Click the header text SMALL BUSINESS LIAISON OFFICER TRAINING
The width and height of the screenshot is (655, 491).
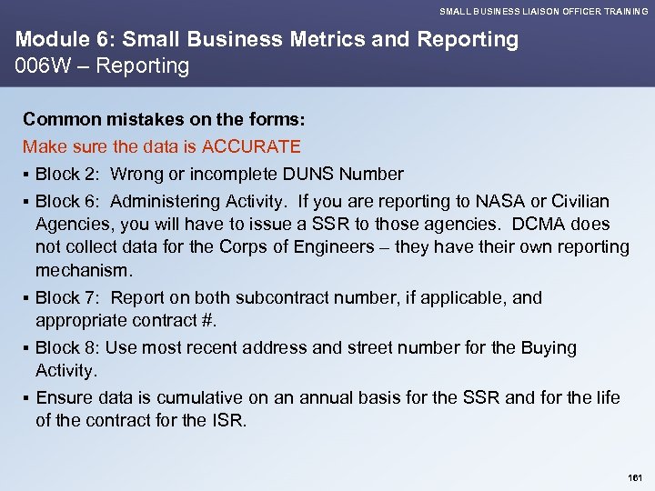tap(543, 11)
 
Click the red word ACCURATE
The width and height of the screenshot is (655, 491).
tap(251, 146)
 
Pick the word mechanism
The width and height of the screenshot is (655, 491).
tap(84, 270)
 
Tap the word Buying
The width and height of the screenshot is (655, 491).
tap(549, 347)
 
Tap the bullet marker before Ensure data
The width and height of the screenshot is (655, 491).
tap(27, 397)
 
